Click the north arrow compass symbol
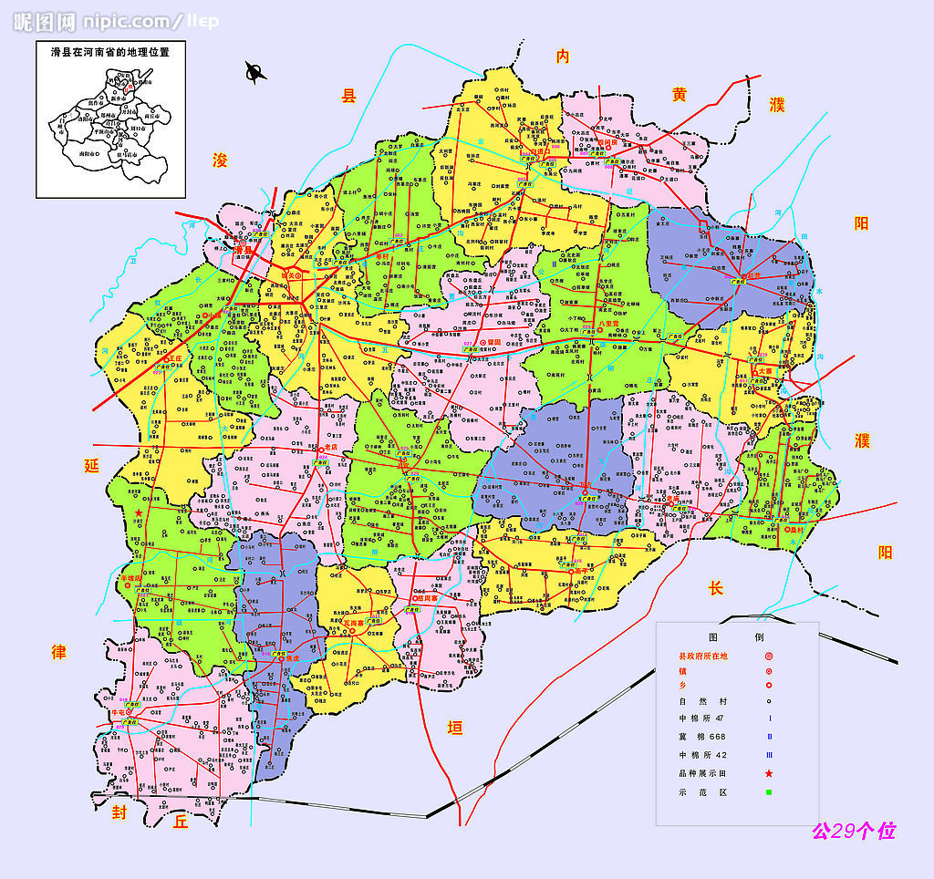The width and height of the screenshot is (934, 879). click(x=255, y=72)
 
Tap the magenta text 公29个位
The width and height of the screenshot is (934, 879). click(x=854, y=831)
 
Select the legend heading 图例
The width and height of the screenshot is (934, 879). click(x=741, y=636)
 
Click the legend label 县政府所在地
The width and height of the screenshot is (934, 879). click(x=704, y=657)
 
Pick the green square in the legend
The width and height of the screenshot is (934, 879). click(x=769, y=792)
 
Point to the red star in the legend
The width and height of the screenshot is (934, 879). click(x=769, y=773)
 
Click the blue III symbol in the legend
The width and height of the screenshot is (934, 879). click(x=769, y=755)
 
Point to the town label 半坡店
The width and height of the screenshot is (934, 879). click(x=130, y=578)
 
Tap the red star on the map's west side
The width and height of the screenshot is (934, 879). click(x=139, y=513)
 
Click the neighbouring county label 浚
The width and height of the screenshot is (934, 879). click(x=220, y=160)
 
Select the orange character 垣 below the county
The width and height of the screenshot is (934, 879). click(x=453, y=727)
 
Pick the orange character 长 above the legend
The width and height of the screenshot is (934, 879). click(x=715, y=589)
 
